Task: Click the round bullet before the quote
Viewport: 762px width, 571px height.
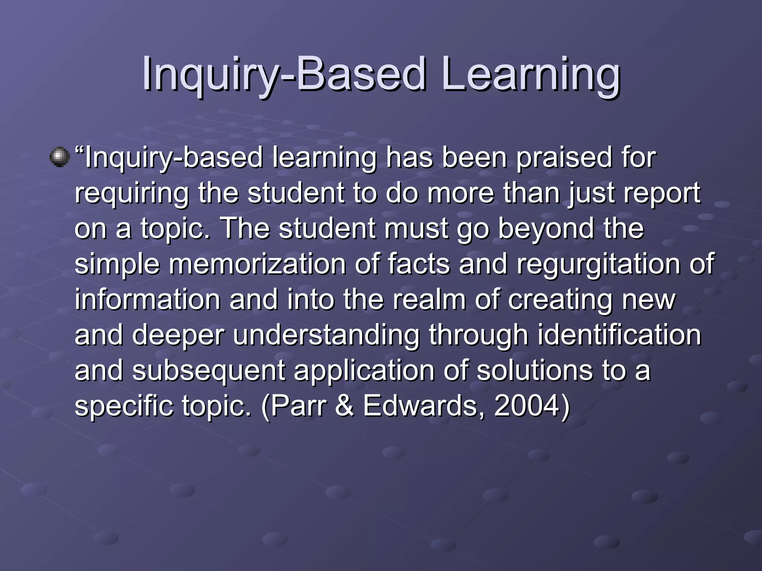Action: (60, 157)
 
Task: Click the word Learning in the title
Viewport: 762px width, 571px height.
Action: (530, 74)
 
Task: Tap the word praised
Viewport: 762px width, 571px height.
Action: (564, 158)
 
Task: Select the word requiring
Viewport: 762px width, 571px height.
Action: (132, 194)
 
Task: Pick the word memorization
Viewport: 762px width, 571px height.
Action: (257, 264)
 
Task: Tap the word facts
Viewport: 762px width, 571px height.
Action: (419, 264)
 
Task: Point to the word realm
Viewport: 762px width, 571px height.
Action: (429, 299)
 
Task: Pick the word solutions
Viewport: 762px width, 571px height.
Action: (534, 370)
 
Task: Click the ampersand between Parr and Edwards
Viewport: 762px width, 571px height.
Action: (345, 406)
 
